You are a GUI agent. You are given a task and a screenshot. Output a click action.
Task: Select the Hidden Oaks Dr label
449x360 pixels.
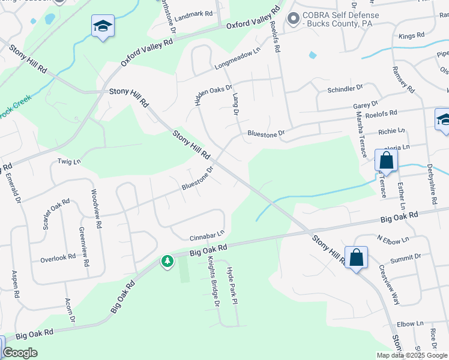pos(213,88)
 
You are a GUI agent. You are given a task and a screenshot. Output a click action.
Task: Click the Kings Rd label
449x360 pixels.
pos(411,36)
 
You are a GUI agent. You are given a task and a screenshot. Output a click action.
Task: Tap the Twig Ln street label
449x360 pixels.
pos(68,161)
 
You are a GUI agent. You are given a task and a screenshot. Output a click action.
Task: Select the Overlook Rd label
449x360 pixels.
pos(58,258)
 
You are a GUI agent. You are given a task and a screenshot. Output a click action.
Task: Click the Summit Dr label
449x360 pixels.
pos(406,257)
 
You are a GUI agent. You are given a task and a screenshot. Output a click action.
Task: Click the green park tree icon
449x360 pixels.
pos(167,261)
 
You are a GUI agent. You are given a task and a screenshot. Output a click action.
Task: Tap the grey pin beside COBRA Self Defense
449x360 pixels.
pos(294,19)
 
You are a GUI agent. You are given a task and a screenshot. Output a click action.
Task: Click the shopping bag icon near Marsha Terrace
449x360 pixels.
pos(386,161)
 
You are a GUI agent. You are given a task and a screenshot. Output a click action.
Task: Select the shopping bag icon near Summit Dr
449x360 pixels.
pos(356,257)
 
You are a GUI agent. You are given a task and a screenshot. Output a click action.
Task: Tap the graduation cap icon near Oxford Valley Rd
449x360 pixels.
pos(103,26)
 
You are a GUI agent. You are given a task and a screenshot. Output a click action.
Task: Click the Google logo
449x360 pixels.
pos(20,353)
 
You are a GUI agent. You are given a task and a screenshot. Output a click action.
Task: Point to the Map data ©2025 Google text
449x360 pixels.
pos(412,355)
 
